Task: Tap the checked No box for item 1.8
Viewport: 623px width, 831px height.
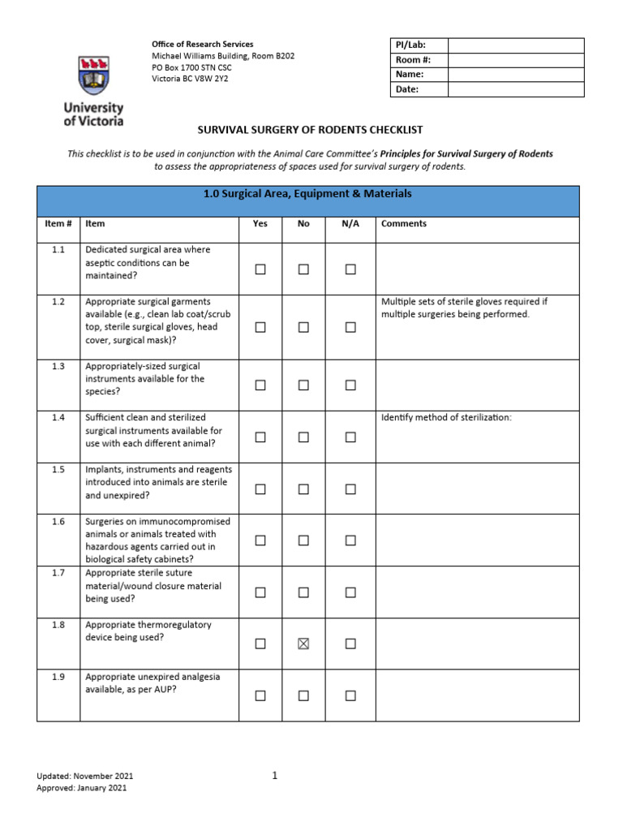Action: pos(303,644)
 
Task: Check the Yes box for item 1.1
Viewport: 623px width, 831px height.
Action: pos(260,269)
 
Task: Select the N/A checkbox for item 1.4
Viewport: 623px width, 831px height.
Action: pos(350,437)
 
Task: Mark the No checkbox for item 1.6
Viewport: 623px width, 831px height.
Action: pos(303,540)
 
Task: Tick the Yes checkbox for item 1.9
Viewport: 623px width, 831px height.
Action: pos(260,695)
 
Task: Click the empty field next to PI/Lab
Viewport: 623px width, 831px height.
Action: pos(515,45)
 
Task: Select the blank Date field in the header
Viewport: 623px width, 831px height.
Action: pos(515,89)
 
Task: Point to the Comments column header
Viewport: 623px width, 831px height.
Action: pos(403,223)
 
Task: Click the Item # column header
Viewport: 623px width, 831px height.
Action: pos(58,223)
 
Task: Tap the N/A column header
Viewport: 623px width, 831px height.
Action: pos(350,223)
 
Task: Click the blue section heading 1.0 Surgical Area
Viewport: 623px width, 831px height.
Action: pos(307,194)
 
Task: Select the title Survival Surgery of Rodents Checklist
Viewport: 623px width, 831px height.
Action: pos(311,130)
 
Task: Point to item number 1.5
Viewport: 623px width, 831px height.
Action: pos(58,469)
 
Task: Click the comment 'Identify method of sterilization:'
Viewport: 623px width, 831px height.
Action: pos(446,418)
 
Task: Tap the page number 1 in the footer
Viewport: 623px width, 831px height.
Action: pos(275,775)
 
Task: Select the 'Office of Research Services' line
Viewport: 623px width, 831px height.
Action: pos(203,44)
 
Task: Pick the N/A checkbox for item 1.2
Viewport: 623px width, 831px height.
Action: pos(350,327)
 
